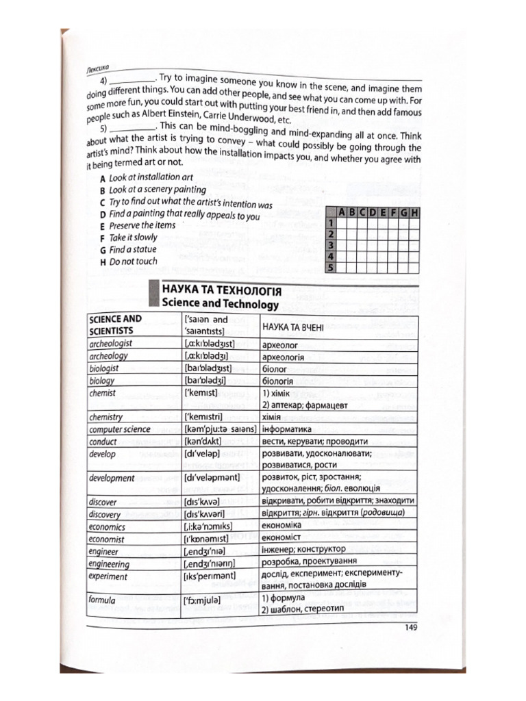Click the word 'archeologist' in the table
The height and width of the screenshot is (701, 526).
111,344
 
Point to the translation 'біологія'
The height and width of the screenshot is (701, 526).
278,381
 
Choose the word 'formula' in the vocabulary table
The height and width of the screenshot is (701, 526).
102,600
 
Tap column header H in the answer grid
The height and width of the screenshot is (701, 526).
414,212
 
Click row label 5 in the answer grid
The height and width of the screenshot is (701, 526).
330,268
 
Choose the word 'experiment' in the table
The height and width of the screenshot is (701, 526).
108,577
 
